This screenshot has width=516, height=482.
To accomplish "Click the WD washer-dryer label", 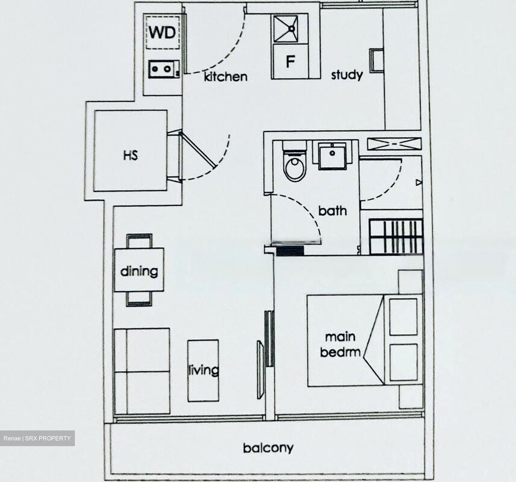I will (162, 33).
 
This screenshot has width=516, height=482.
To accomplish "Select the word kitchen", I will (225, 76).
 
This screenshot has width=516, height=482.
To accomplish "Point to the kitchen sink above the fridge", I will (290, 29).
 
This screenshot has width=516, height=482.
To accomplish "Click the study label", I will (347, 75).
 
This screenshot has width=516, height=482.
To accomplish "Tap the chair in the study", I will (377, 60).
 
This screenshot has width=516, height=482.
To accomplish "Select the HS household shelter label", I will (130, 155).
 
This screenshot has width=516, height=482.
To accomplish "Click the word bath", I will (333, 211).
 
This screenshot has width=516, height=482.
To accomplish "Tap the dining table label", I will (139, 271).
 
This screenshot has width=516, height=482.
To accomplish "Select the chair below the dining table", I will (139, 299).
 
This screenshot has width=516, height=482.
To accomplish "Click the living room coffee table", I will (203, 370).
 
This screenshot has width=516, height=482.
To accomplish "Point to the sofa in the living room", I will (142, 371).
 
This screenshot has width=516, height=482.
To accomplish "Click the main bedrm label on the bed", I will (340, 344).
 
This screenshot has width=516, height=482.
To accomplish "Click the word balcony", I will (268, 448).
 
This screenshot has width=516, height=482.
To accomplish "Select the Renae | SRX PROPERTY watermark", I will (37, 438).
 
